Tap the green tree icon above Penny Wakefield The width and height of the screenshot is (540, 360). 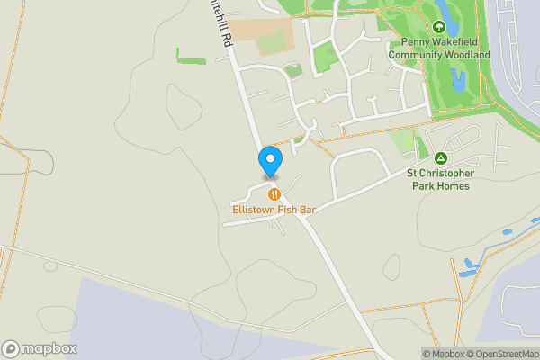(x=439, y=27)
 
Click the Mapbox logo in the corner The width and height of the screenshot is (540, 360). (x=40, y=349)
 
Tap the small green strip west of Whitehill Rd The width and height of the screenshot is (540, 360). (x=192, y=57)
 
